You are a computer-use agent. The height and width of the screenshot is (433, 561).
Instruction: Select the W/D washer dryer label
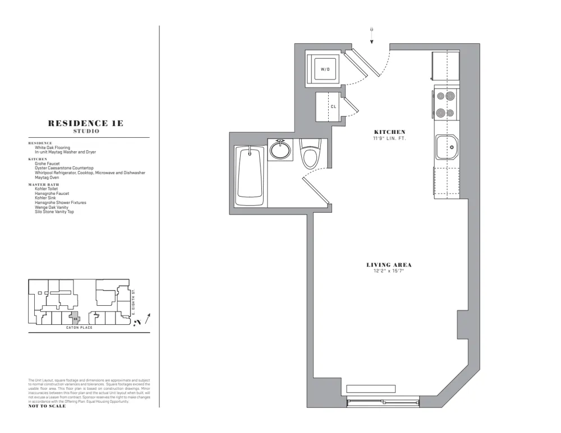coord(325,69)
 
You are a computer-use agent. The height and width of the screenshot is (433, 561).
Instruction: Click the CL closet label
coord(333,106)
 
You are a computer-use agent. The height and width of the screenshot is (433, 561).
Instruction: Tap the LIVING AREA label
coord(385,265)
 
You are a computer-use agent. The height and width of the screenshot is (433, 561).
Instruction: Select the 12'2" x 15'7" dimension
coord(385,271)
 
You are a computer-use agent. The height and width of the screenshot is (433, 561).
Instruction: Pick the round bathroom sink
coord(279,150)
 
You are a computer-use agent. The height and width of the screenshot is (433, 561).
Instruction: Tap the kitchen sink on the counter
coord(447,147)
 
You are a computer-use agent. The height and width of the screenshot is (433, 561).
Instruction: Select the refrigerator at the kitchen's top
coord(446,66)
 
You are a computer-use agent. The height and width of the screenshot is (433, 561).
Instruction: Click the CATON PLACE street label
coord(80,327)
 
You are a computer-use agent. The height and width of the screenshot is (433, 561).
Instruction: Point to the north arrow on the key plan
coord(147,319)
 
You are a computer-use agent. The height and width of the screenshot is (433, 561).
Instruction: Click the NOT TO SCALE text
coord(47,406)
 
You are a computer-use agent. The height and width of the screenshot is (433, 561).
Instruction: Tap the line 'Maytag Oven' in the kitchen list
coord(47,178)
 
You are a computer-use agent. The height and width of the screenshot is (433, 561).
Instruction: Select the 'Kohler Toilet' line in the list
coord(46,189)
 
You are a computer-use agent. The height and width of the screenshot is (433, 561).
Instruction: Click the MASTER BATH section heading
coord(43,184)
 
